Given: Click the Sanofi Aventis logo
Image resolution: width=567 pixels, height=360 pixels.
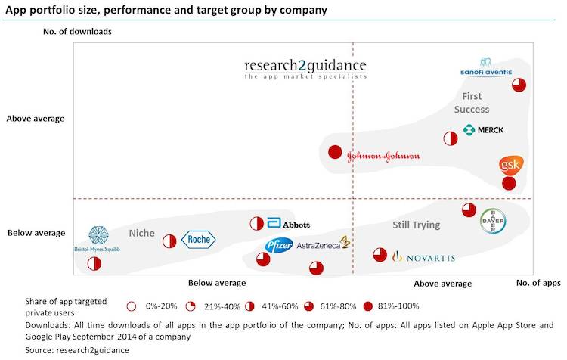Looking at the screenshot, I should click(x=485, y=67).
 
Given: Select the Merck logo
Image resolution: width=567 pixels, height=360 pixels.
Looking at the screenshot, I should click(x=484, y=129).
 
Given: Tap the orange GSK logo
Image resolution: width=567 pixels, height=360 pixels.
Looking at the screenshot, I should click(x=510, y=165).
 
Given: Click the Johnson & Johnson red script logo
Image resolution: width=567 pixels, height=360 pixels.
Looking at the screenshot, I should click(x=383, y=157).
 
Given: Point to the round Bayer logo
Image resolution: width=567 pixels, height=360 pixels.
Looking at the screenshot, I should click(x=493, y=221).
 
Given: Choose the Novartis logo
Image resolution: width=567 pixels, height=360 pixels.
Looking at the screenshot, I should click(x=423, y=258).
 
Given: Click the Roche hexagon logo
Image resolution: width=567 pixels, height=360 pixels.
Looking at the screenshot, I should click(x=199, y=240).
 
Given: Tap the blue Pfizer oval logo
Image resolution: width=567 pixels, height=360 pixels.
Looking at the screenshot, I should click(x=278, y=245).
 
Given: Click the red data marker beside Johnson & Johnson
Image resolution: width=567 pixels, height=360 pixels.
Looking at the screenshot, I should click(x=335, y=152).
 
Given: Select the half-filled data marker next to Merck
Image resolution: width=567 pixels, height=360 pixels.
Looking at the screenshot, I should click(x=450, y=138).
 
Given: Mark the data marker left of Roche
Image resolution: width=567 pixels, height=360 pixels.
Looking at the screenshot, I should click(x=169, y=241).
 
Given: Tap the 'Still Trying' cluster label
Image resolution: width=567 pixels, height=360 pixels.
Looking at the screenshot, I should click(x=416, y=225).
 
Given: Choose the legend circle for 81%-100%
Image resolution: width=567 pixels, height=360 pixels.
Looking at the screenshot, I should click(x=370, y=306).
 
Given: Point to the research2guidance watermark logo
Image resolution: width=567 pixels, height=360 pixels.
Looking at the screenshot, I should click(x=305, y=68).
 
